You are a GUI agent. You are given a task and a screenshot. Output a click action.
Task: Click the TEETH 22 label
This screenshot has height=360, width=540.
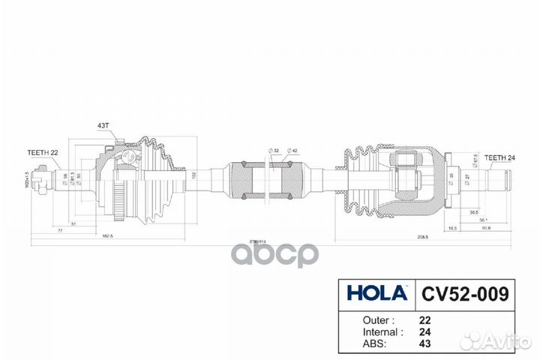43,152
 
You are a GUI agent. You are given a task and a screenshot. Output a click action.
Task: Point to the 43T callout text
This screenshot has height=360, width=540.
103,125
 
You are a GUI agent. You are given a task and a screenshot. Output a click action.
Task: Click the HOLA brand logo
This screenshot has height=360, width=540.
375,292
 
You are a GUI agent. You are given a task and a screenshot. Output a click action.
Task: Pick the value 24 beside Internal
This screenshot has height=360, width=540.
424,331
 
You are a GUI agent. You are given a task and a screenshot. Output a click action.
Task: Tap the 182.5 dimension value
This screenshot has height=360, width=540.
108,235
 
